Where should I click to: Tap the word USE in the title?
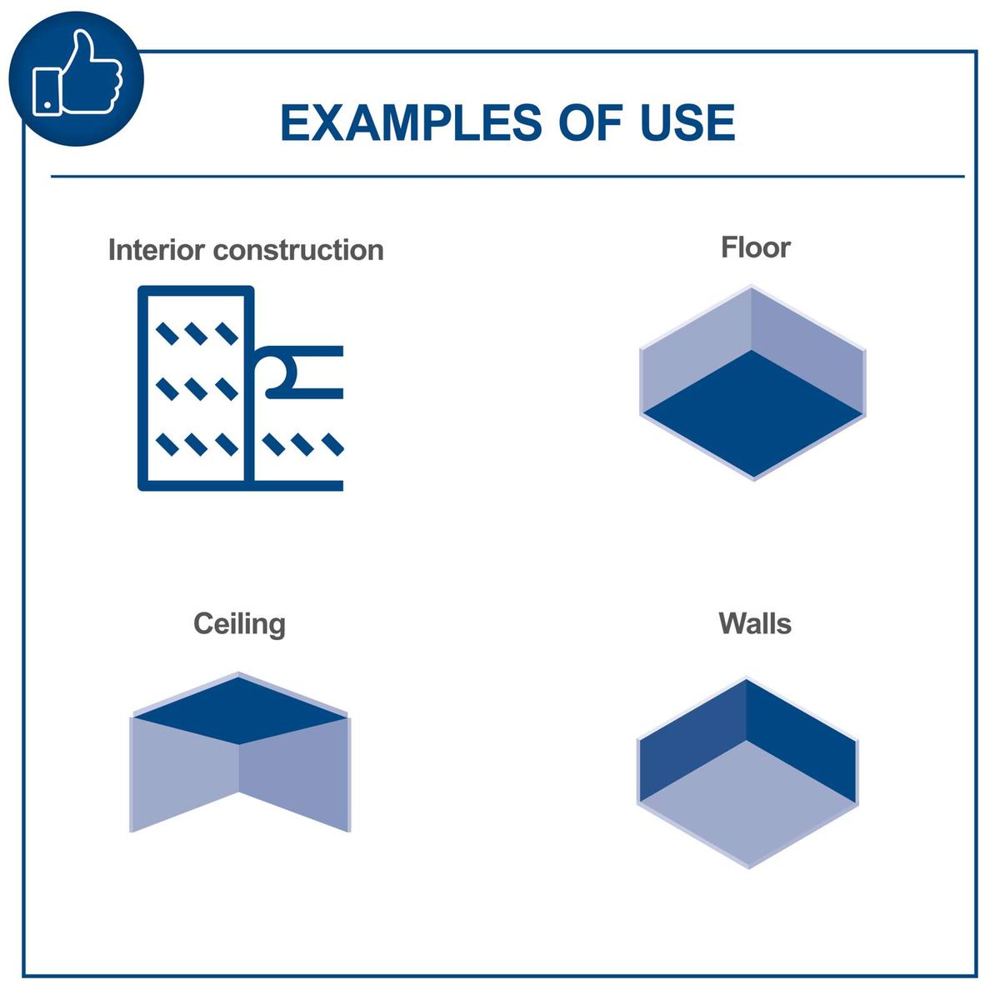[x=687, y=123]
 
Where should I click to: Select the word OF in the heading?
[x=590, y=123]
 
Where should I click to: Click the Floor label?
[x=755, y=247]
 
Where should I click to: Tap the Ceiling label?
[x=239, y=624]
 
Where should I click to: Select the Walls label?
[x=754, y=624]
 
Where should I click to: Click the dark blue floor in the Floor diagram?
[x=753, y=413]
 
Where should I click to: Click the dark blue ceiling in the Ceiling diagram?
[x=239, y=711]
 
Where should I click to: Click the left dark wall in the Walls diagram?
[x=690, y=743]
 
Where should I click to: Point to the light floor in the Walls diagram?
[x=748, y=804]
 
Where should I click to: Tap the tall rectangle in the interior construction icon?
[x=196, y=387]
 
